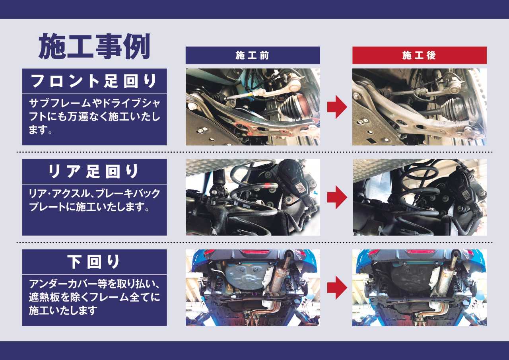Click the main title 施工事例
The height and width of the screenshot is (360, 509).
tap(94, 47)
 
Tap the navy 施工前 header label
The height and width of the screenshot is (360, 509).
tap(253, 55)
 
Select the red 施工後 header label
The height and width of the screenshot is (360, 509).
tap(420, 55)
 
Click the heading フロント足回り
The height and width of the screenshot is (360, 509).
tap(94, 81)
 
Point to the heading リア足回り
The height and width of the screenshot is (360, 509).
tap(94, 171)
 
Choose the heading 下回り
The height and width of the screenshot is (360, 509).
tap(94, 262)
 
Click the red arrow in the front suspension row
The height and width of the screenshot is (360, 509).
tap(337, 107)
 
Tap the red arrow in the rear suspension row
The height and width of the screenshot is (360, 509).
tap(337, 197)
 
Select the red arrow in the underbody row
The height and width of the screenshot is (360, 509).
tap(337, 288)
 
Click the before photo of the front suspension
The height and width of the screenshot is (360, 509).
tap(253, 107)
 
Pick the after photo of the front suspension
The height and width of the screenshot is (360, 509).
tap(420, 107)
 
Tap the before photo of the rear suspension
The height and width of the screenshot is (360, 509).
tap(253, 197)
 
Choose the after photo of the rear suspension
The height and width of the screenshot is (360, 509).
tap(420, 197)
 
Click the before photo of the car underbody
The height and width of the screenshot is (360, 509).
tap(253, 288)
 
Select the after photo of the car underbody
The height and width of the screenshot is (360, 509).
tap(420, 288)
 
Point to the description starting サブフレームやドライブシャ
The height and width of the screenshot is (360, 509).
tap(94, 117)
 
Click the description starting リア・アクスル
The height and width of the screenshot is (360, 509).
tap(94, 200)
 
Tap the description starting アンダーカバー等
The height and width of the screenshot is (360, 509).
tap(94, 297)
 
